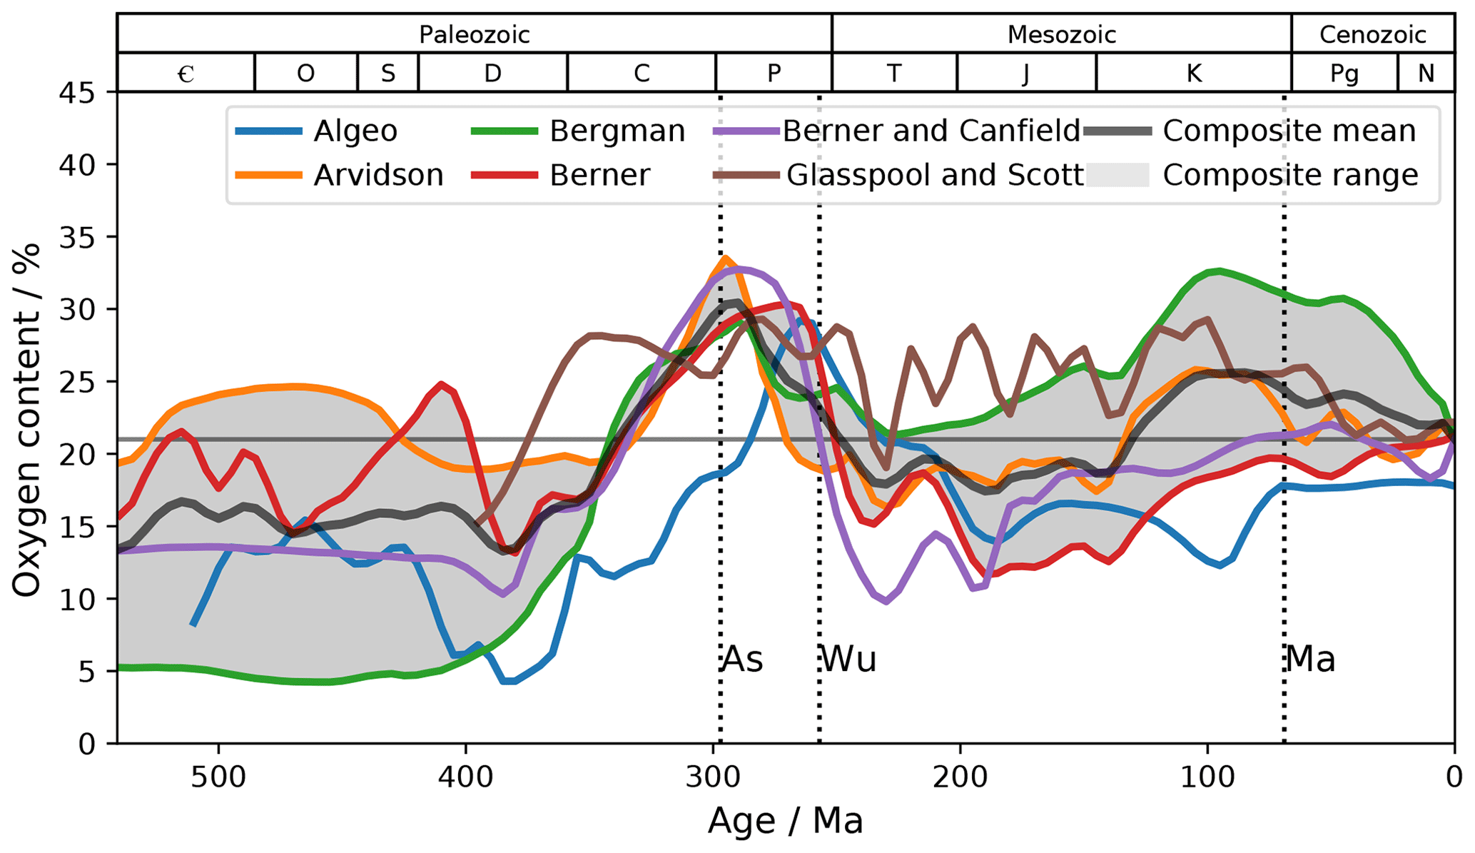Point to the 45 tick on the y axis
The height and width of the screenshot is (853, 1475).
pos(77,92)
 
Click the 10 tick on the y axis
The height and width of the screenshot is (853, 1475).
pos(77,599)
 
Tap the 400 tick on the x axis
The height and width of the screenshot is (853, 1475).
pos(466,777)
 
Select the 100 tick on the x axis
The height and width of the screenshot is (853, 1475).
pos(1207,777)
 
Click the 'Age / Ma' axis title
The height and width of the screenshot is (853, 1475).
pos(786,821)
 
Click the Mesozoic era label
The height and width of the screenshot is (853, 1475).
pos(1061,34)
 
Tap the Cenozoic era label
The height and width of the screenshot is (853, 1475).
pos(1372,34)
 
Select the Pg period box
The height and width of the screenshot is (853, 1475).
pos(1344,73)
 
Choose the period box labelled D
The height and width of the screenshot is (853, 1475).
pos(492,73)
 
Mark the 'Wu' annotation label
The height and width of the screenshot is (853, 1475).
pos(848,660)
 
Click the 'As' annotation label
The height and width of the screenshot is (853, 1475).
pos(743,660)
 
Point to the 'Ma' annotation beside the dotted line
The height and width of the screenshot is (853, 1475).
pos(1310,660)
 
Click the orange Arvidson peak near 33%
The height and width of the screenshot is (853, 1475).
pos(725,258)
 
